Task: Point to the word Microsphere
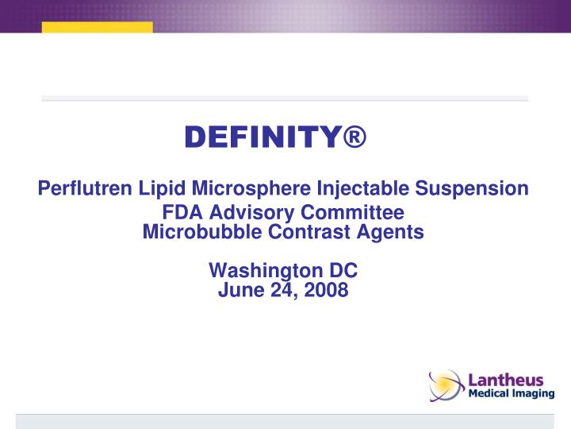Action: pyautogui.click(x=249, y=189)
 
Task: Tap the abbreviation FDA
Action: pyautogui.click(x=180, y=213)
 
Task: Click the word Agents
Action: pyautogui.click(x=393, y=232)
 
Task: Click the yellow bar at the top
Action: pyautogui.click(x=97, y=27)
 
